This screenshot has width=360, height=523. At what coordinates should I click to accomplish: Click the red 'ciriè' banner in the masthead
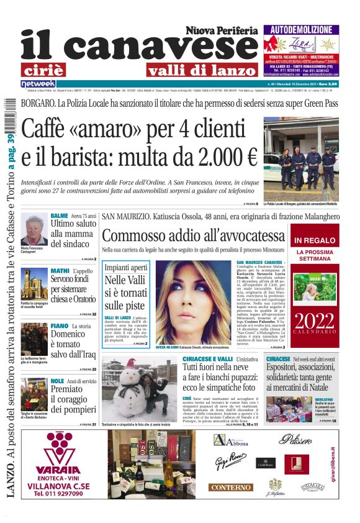[x=51, y=70]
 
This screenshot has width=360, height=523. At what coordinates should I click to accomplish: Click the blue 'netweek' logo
[x=38, y=83]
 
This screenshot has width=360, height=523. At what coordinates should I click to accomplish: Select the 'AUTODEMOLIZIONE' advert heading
[x=301, y=29]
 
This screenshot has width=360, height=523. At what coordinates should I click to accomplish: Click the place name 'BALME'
[x=60, y=216]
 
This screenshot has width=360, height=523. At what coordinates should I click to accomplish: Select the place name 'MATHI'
[x=60, y=271]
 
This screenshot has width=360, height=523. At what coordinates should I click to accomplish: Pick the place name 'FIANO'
[x=60, y=325]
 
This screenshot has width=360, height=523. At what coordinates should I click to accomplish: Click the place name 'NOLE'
[x=58, y=380]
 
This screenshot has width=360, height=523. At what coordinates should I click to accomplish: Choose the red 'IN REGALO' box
[x=315, y=240]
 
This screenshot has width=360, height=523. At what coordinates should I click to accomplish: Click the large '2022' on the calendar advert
[x=315, y=321]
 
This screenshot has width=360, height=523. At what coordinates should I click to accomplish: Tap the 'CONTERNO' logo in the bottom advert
[x=230, y=488]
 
